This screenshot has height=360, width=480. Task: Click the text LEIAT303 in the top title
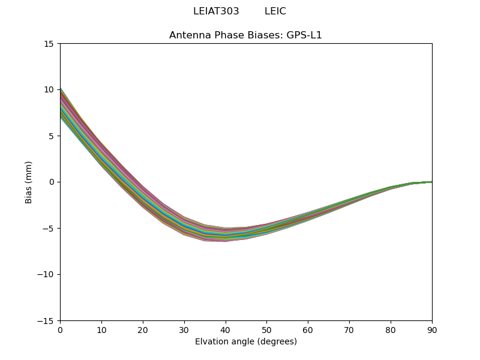pos(216,11)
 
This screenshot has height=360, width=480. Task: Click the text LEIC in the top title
pos(275,11)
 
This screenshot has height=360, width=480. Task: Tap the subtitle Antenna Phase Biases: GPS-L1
pos(245,35)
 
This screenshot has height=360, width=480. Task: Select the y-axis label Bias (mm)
pos(29,182)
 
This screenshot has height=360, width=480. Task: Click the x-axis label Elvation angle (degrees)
pos(245,342)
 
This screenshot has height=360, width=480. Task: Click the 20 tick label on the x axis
pos(143,330)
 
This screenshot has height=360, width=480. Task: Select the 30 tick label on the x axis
pos(184,330)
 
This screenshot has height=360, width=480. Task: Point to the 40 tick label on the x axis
pos(226,330)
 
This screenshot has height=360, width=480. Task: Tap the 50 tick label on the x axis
pos(266,330)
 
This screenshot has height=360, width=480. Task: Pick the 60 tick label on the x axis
pos(308,330)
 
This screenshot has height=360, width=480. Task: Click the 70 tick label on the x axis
pos(349,330)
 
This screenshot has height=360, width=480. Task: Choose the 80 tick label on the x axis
pos(391,330)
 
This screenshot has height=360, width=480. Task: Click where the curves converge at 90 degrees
pos(431,182)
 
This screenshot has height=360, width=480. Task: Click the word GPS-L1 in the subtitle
pos(306,35)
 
